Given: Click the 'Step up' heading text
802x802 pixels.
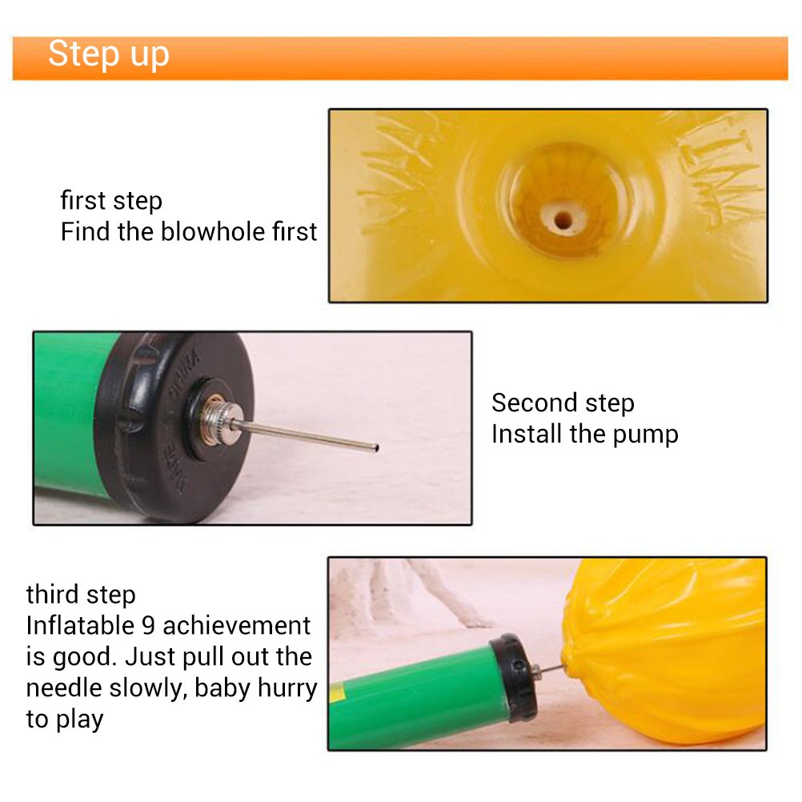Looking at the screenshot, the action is (108, 54).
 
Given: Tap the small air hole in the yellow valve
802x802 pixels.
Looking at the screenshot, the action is (563, 221).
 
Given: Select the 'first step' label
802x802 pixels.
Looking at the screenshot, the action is (111, 200).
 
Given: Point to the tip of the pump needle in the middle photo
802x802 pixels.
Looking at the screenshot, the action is (376, 448).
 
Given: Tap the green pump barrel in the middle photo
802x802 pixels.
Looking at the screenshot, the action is (69, 415).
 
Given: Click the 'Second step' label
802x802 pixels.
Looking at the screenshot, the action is (563, 403).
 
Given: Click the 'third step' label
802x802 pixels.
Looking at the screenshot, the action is (81, 595).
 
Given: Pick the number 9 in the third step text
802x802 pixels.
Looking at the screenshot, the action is (148, 626).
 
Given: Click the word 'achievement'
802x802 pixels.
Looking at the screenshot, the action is (236, 626).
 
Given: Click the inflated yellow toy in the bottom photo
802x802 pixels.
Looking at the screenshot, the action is (665, 650).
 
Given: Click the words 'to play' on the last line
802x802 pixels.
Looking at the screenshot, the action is (65, 720).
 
